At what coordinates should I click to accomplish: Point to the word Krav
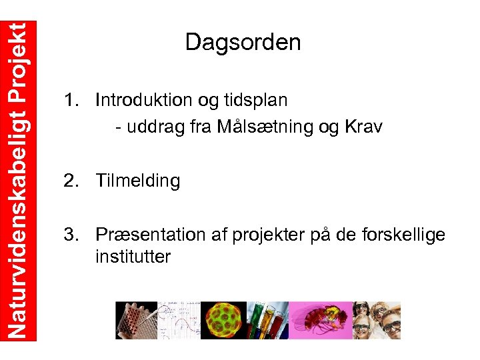click(x=363, y=127)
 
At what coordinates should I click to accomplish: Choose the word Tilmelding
click(x=137, y=181)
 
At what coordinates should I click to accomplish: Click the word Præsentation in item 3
click(x=154, y=235)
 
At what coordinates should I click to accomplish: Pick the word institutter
click(x=133, y=256)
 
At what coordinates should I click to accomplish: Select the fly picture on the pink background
click(x=322, y=320)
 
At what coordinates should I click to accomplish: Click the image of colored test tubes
click(x=267, y=320)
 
